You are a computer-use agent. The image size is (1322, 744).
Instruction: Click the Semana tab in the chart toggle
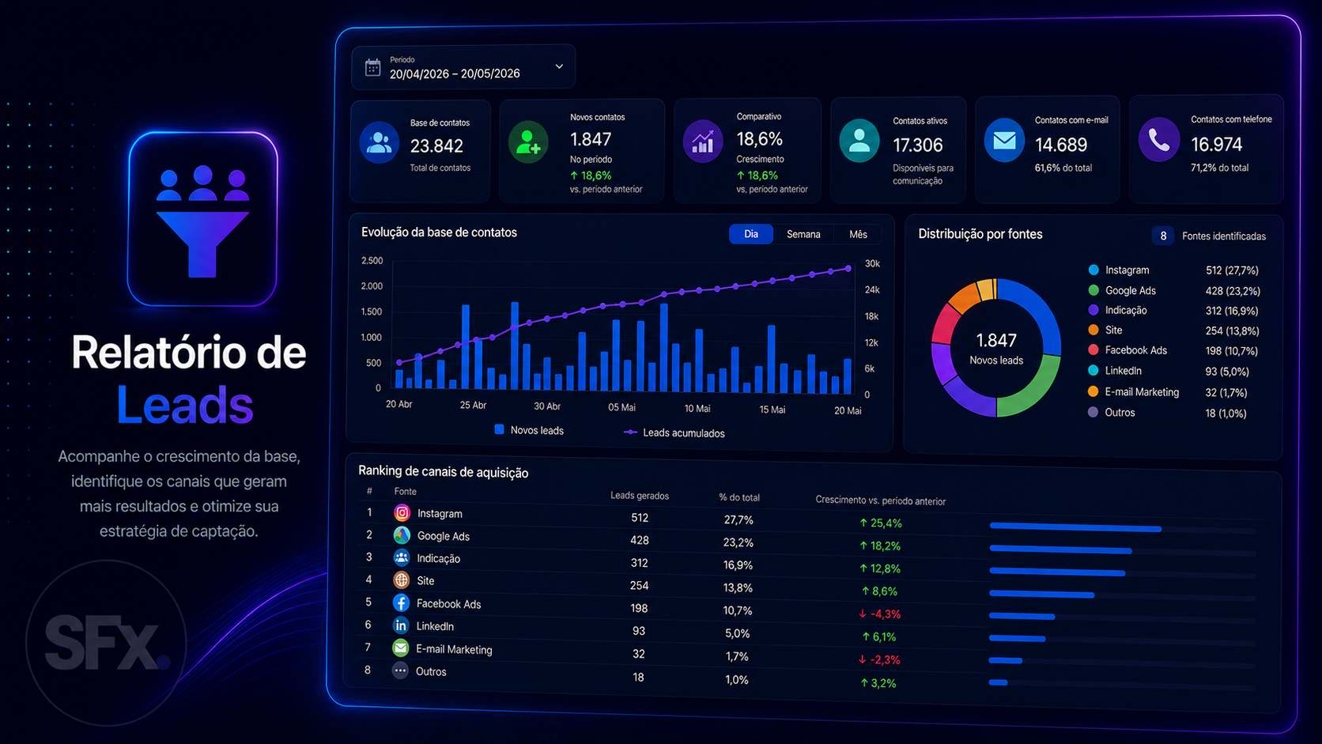tap(803, 234)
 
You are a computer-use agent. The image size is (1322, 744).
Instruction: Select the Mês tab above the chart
tap(858, 234)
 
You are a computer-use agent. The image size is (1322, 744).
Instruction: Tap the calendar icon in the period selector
tap(372, 68)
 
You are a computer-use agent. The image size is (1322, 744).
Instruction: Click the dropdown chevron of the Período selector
tap(559, 66)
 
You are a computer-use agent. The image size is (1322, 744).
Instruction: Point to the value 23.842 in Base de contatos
tap(436, 145)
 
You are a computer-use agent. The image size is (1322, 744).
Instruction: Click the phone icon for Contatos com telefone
tap(1158, 141)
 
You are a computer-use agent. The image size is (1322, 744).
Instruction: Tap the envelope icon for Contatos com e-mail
tap(1004, 141)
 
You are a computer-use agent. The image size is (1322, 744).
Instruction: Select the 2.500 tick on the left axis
tap(372, 260)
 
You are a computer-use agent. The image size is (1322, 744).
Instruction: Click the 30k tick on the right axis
tap(872, 264)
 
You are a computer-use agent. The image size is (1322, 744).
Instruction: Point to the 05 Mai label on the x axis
tap(621, 407)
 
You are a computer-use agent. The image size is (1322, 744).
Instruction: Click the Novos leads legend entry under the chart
tap(529, 430)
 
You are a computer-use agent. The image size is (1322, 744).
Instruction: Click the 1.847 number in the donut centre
tap(996, 341)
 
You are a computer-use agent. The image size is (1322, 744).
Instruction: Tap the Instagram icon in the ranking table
tap(402, 512)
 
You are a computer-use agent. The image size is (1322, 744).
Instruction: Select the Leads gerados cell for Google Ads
tap(639, 541)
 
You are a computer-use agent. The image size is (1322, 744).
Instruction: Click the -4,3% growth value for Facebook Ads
tap(879, 614)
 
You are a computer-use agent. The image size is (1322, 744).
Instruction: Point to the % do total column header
tap(739, 497)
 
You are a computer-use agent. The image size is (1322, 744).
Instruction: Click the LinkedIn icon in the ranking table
tap(401, 625)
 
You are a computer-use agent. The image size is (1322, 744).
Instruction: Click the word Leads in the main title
tap(185, 405)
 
